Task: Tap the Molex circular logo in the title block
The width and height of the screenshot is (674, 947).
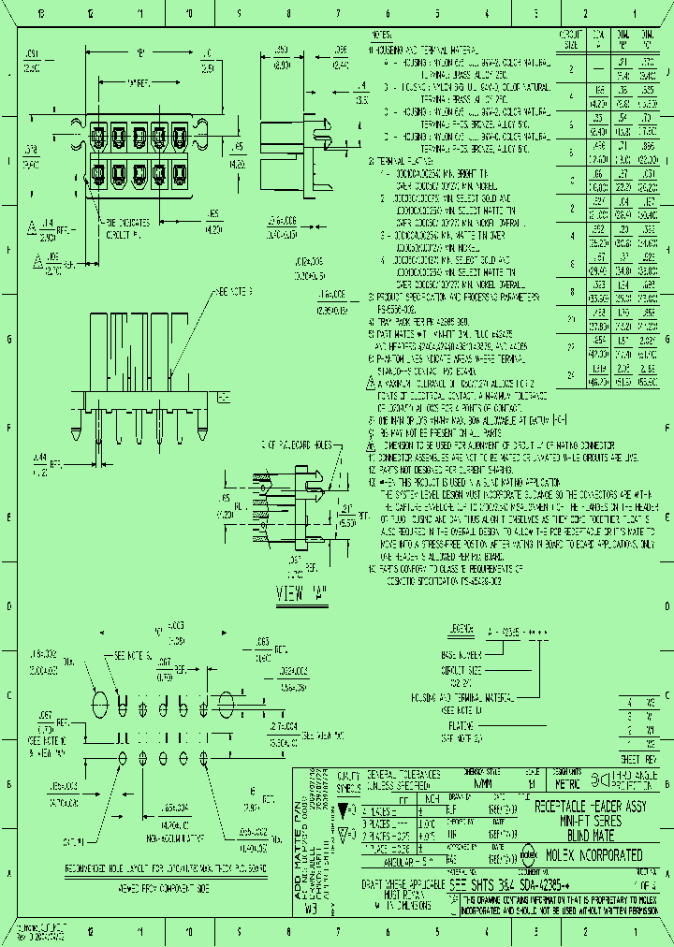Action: tap(527, 853)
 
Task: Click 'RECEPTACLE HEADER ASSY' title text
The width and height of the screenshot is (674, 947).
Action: tap(590, 806)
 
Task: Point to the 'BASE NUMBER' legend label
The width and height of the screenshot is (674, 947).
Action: tap(461, 656)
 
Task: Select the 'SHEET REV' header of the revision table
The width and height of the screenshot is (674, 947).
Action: tap(639, 759)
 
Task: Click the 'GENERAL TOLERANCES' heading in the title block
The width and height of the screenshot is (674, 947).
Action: tap(404, 776)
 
